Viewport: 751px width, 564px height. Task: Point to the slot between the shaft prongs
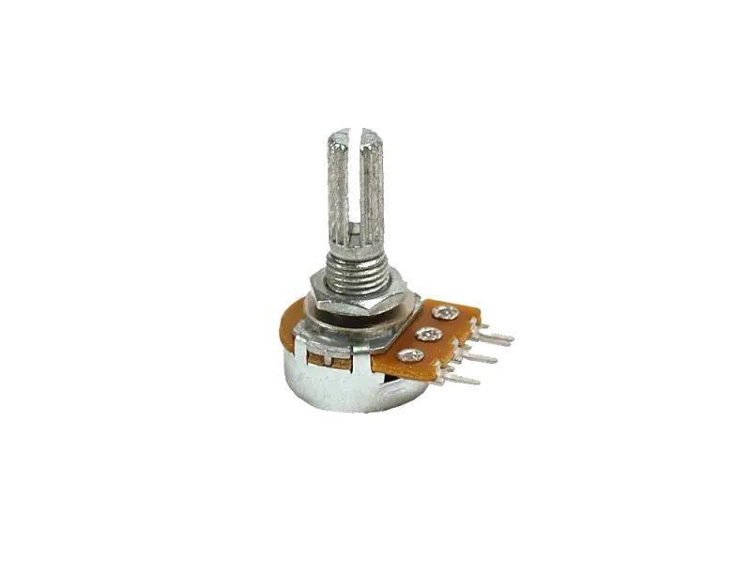tap(356, 188)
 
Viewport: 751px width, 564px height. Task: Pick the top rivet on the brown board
tap(445, 313)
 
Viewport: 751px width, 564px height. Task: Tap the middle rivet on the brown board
tap(429, 334)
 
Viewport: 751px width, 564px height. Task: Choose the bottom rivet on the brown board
tap(410, 355)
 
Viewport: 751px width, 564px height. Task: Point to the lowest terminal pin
tap(462, 379)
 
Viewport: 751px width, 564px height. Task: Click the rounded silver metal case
tap(329, 385)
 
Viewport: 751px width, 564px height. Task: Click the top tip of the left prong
tap(339, 137)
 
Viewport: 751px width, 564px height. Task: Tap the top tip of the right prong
tap(372, 134)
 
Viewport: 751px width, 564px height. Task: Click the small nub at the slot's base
tap(356, 229)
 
